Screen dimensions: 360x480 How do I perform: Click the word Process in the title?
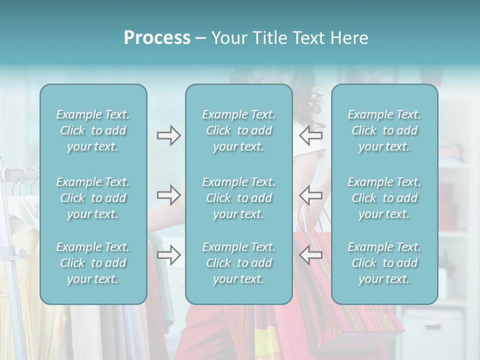click(x=157, y=38)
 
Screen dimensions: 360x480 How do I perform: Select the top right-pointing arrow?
click(x=168, y=135)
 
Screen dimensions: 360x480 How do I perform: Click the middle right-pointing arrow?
click(x=168, y=195)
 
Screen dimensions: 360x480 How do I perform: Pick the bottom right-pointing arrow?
click(x=168, y=255)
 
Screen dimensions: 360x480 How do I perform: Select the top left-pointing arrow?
click(x=311, y=135)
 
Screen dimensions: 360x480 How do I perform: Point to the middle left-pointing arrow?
click(x=311, y=195)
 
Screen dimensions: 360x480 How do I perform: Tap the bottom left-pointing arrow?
click(x=311, y=255)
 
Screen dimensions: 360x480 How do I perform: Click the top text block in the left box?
click(x=93, y=130)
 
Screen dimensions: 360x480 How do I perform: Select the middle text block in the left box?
click(x=93, y=198)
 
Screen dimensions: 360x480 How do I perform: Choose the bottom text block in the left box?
click(x=93, y=263)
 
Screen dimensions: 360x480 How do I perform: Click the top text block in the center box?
click(x=238, y=130)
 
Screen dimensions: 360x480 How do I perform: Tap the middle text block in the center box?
click(x=238, y=198)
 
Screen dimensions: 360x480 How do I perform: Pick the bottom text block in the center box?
click(x=238, y=263)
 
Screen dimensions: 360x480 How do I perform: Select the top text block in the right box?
click(x=384, y=130)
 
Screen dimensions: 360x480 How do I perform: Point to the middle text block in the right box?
click(x=384, y=198)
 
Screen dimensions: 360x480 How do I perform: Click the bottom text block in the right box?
click(x=384, y=263)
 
